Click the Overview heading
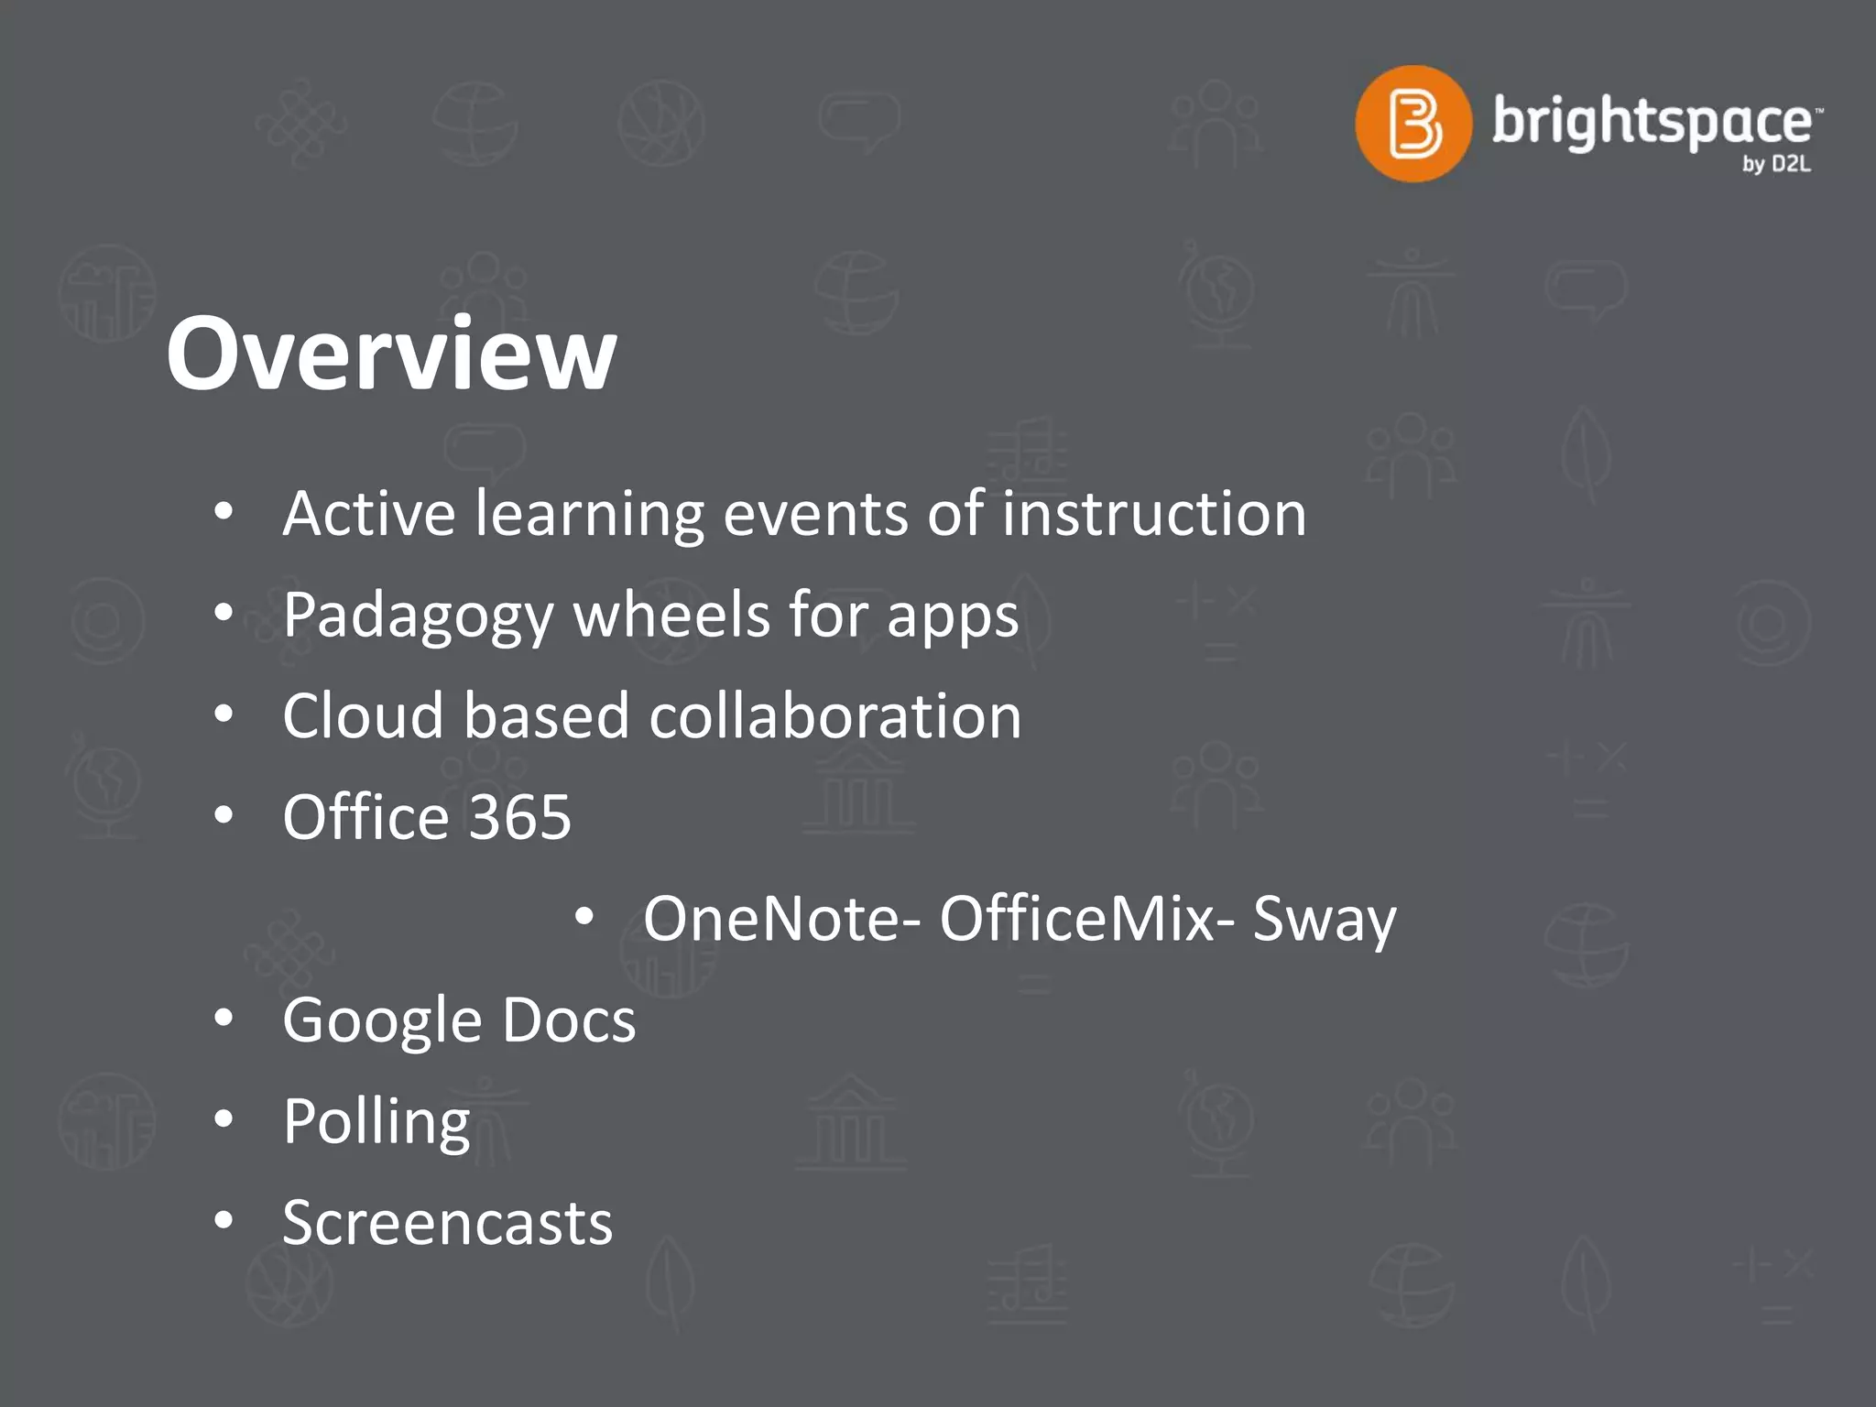click(x=391, y=354)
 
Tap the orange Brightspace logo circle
click(x=1412, y=124)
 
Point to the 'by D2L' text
click(x=1776, y=165)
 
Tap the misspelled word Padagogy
click(x=418, y=616)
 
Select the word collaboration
click(x=834, y=715)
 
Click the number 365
click(x=519, y=817)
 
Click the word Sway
click(x=1325, y=920)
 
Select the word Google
click(x=382, y=1021)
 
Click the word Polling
click(x=376, y=1122)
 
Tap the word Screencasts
click(x=447, y=1223)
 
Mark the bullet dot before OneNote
click(x=584, y=916)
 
